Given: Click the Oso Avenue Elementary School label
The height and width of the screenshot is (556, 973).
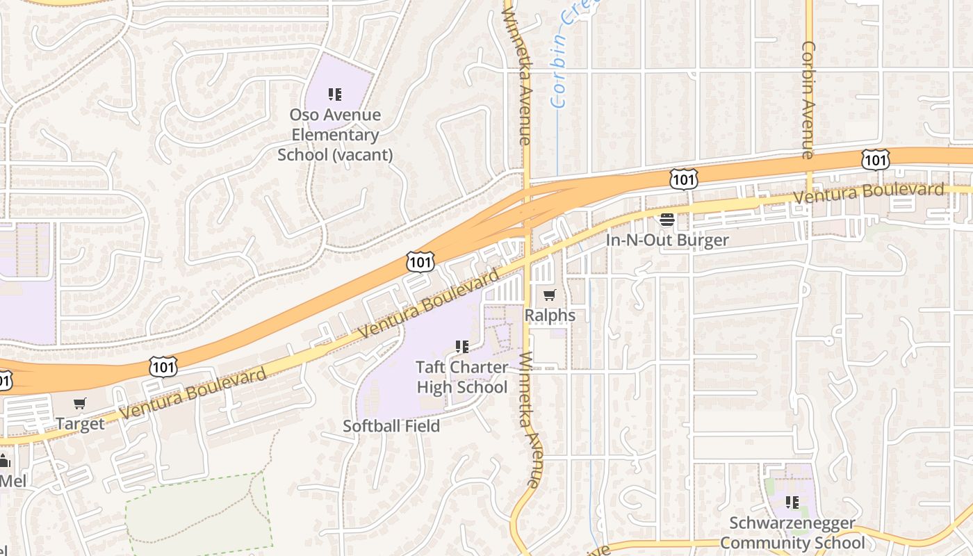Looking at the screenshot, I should click(x=335, y=134).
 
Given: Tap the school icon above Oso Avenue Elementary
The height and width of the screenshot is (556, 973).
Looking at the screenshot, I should click(x=335, y=94).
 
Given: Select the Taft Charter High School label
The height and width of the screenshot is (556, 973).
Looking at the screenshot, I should click(x=461, y=377).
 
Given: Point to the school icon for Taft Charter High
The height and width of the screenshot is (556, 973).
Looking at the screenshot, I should click(x=461, y=346).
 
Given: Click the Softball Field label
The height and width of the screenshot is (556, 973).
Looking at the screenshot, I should click(x=391, y=426).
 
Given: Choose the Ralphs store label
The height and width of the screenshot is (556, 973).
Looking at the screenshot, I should click(x=550, y=316).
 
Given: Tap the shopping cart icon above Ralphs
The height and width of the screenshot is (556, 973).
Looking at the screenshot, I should click(x=550, y=295).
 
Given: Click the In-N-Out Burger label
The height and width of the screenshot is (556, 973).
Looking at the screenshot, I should click(x=667, y=240).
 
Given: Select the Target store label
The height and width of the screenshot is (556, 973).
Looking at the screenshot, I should click(x=80, y=424).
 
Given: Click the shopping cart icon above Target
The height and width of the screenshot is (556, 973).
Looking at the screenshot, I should click(x=80, y=404).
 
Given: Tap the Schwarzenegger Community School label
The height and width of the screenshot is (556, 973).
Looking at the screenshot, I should click(x=792, y=533).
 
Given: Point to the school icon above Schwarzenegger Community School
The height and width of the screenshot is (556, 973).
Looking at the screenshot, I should click(x=792, y=502).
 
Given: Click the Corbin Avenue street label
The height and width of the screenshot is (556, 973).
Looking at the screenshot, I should click(x=808, y=100).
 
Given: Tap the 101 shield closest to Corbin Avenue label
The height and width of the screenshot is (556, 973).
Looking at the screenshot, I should click(x=874, y=159).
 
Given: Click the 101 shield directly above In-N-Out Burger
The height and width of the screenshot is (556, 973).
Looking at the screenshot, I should click(x=684, y=179).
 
